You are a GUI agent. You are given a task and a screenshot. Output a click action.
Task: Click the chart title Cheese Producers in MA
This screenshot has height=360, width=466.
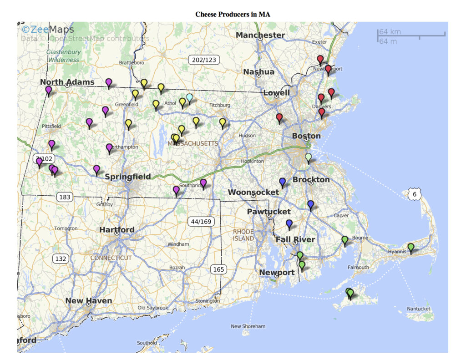(x=233, y=14)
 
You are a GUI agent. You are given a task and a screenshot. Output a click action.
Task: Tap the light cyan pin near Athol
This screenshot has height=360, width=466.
(x=189, y=98)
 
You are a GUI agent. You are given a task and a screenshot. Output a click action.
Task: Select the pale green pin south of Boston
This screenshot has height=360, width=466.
(x=309, y=157)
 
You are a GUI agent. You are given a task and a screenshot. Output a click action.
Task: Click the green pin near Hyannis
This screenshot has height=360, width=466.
(x=411, y=248)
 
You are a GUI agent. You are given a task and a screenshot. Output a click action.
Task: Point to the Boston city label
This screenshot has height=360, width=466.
(x=306, y=136)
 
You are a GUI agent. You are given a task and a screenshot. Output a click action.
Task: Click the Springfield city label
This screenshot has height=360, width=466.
(x=128, y=177)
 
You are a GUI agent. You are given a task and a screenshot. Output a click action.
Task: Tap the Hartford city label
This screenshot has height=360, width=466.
(x=117, y=230)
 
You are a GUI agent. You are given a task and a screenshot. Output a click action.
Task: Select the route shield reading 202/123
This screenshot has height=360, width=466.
(x=204, y=60)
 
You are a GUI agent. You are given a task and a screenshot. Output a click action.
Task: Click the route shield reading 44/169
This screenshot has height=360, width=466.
(x=201, y=222)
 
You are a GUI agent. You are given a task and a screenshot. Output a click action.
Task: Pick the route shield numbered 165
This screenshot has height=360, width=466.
(x=218, y=269)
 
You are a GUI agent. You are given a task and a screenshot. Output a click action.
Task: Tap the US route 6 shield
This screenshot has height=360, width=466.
(x=414, y=194)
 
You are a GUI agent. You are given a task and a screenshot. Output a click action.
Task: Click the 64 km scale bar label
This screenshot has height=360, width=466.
(x=390, y=32)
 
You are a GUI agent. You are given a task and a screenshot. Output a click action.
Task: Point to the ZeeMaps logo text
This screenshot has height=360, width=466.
(x=48, y=30)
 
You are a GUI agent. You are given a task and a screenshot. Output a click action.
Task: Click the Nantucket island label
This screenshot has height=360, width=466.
(x=418, y=309)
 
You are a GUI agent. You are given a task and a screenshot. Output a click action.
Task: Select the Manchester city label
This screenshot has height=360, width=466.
(x=260, y=35)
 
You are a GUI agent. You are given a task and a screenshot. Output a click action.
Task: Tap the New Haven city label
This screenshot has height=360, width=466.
(x=89, y=301)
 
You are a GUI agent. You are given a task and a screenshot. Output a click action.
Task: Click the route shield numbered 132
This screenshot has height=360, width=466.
(x=60, y=259)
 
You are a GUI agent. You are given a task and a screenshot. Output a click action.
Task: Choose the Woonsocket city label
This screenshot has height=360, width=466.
(x=253, y=192)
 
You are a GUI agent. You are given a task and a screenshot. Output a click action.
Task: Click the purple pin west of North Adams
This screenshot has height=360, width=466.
(x=49, y=90)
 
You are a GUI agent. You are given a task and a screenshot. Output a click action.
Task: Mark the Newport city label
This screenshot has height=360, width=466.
(x=277, y=272)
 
